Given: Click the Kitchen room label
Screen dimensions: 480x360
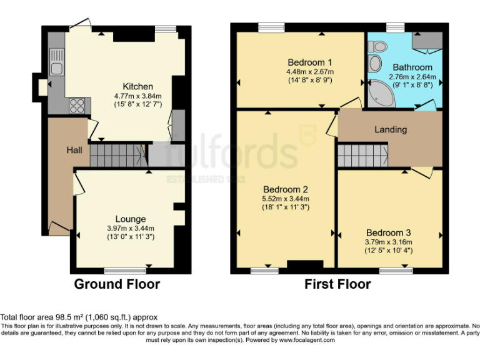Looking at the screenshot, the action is click(x=137, y=86).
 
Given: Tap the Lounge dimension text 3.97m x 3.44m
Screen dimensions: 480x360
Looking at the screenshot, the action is click(x=131, y=228).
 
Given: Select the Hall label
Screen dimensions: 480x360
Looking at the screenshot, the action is click(x=74, y=150).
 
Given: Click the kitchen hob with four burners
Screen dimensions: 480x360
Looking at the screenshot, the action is click(x=77, y=106).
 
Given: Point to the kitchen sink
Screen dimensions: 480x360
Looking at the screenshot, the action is click(x=57, y=62).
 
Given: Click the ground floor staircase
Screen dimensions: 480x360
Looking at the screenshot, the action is click(x=117, y=156).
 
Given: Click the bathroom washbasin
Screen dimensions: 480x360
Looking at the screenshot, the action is click(x=374, y=64).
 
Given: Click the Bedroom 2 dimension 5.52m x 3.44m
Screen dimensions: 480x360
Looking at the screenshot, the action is click(x=286, y=199).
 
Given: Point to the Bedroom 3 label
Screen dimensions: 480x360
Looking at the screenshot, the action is click(x=389, y=232).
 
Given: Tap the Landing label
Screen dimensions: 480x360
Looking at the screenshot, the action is click(x=391, y=129).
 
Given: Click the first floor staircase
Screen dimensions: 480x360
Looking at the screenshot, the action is click(x=363, y=156).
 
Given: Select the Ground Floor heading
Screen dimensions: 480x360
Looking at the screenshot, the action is click(x=117, y=284).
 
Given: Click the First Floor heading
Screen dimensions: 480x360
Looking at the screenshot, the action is click(x=337, y=284).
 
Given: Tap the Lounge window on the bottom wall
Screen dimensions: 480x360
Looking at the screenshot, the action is click(x=125, y=270).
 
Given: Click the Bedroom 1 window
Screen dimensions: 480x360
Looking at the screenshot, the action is click(x=271, y=27).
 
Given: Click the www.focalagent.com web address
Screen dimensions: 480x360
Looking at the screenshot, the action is click(x=307, y=340).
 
